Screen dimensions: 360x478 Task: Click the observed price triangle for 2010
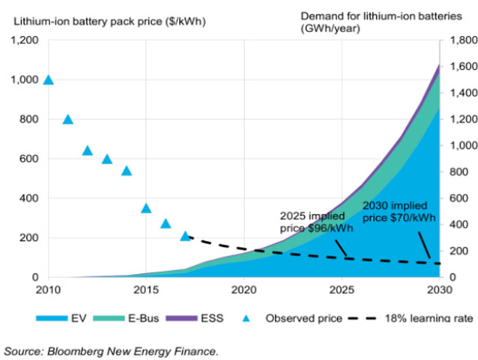49,79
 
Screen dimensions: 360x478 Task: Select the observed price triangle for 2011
68,119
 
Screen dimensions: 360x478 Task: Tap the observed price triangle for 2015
146,208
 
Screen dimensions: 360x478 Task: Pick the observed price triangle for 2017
186,237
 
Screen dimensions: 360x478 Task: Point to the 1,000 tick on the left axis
25,79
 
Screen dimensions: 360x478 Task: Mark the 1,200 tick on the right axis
458,119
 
